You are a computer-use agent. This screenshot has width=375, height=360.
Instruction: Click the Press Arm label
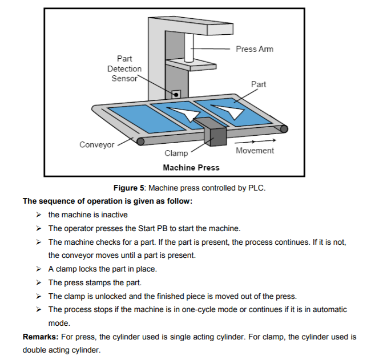pyautogui.click(x=254, y=49)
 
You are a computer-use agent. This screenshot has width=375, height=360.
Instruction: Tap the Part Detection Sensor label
pyautogui.click(x=124, y=68)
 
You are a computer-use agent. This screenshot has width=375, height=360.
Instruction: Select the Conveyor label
pyautogui.click(x=96, y=144)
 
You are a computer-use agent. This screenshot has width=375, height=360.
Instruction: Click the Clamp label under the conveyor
pyautogui.click(x=176, y=153)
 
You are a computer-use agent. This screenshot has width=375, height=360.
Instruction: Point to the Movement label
pyautogui.click(x=255, y=151)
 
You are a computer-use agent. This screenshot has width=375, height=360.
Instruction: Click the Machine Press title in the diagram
pyautogui.click(x=191, y=167)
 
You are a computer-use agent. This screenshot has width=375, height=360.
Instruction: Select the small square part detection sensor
pyautogui.click(x=176, y=93)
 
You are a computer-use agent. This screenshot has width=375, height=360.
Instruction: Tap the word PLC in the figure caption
pyautogui.click(x=256, y=188)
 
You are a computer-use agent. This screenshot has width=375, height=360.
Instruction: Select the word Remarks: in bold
pyautogui.click(x=39, y=337)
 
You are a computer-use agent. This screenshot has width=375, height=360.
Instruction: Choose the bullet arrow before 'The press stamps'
pyautogui.click(x=38, y=282)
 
